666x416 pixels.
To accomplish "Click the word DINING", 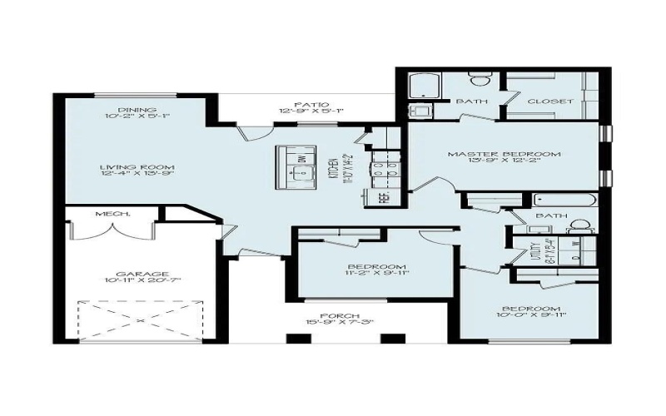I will pos(132,110).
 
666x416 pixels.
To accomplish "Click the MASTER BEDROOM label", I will pos(504,155).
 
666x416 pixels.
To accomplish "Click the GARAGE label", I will pos(143,274).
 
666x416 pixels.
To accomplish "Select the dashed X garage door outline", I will pos(142,319).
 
